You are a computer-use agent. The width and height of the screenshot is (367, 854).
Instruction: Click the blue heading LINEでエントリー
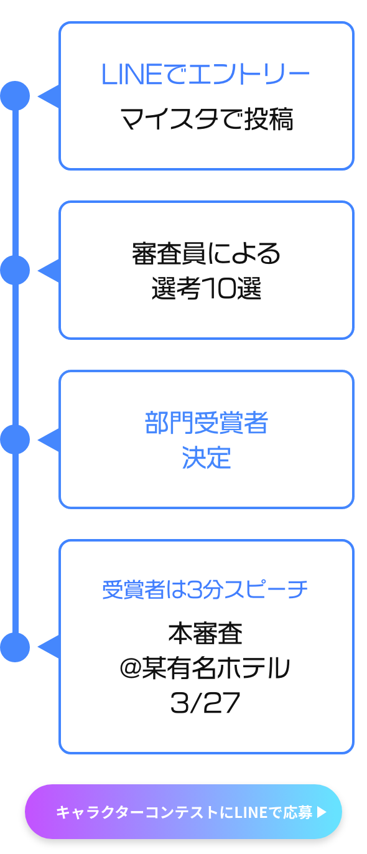click(205, 74)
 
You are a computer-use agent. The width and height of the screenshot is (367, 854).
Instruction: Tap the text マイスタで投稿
click(207, 119)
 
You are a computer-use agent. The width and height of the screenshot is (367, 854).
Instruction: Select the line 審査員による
click(206, 253)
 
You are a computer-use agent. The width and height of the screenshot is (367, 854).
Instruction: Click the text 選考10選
click(206, 288)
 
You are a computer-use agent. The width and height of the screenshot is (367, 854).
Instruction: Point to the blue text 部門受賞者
click(206, 423)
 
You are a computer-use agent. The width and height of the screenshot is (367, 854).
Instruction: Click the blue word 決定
click(206, 457)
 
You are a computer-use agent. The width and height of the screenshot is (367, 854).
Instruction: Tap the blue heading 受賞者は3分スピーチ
click(205, 589)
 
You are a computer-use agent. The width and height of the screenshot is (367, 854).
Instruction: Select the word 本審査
click(205, 633)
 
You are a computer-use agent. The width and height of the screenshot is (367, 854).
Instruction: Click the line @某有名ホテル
click(205, 668)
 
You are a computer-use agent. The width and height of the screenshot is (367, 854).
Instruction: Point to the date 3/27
click(205, 703)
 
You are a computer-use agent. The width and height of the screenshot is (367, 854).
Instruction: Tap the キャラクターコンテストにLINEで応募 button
click(183, 812)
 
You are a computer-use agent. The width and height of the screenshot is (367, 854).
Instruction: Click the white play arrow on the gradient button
click(322, 812)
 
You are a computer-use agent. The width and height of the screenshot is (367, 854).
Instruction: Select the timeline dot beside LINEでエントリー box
click(16, 96)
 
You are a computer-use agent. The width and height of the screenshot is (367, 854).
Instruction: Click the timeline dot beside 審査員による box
click(16, 270)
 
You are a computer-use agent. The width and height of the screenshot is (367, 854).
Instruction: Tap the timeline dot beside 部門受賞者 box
click(16, 439)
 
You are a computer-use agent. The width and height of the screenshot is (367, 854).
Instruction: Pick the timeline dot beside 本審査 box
click(16, 647)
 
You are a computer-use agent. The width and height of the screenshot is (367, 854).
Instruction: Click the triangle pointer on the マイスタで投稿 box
click(50, 96)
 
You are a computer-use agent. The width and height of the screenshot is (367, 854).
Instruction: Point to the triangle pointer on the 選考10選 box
click(50, 270)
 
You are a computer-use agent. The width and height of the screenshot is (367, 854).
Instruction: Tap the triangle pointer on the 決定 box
click(50, 439)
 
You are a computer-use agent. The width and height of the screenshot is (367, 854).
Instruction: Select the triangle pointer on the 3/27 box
click(50, 647)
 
